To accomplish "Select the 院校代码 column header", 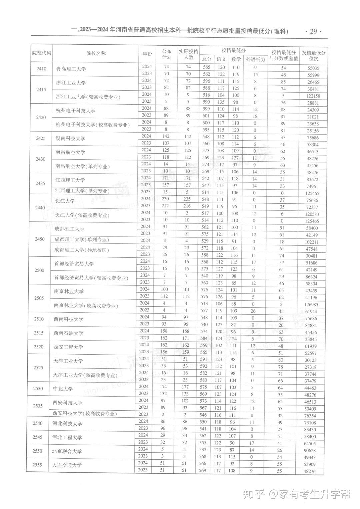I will [x=42, y=53].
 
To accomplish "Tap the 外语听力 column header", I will [x=255, y=59].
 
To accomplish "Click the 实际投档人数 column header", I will [x=188, y=54].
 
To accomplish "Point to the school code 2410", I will [x=41, y=69].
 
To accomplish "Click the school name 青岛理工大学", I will [x=71, y=69].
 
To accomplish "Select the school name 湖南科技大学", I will [x=70, y=138].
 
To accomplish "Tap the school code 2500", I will [x=39, y=270].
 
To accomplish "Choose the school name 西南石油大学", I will [x=68, y=333].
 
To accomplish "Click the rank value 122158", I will [x=313, y=96].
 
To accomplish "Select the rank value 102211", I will [x=312, y=242].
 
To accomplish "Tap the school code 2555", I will [x=38, y=465].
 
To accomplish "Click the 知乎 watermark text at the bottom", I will [x=253, y=494].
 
